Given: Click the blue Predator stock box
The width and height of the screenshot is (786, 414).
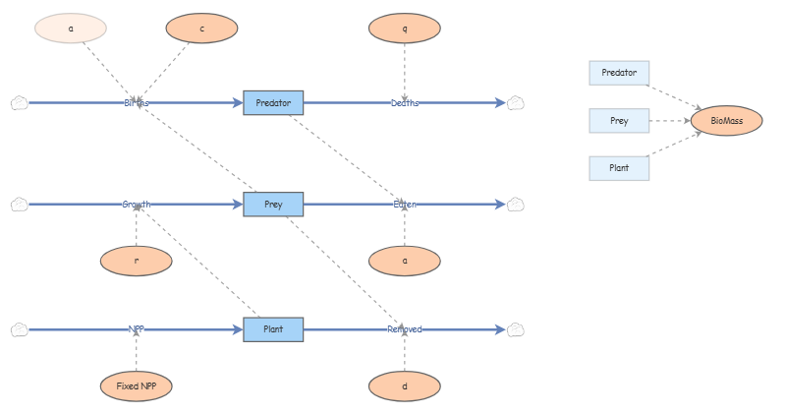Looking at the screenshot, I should pos(273,102).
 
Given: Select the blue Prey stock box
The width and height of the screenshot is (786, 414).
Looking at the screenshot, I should pos(273,205).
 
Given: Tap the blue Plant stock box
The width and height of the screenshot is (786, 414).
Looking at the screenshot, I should pos(273,329).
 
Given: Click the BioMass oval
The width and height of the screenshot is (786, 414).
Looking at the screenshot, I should pos(726,121).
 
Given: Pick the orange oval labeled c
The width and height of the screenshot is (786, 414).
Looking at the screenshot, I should pos(201,29).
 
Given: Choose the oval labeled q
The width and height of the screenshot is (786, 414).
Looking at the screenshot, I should pos(404,29).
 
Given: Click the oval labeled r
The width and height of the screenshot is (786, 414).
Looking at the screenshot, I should pos(137,261).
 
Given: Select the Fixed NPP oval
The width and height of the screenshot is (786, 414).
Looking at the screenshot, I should pos(137,386).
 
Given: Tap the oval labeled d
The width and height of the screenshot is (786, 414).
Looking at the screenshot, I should pos(404,386).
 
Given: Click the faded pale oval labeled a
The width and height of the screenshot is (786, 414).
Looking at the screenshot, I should pos(71,29).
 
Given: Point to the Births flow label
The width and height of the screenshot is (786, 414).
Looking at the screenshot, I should pos(137,102).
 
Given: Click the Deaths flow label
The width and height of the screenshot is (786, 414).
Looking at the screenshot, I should pos(404,102).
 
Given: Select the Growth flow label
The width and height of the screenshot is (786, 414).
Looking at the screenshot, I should pos(137,205).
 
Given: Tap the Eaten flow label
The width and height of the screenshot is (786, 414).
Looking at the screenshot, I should pos(404,205).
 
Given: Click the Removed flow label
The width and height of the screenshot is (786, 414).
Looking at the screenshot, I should pos(404,329).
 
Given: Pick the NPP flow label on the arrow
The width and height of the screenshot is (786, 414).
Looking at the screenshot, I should pos(137,329).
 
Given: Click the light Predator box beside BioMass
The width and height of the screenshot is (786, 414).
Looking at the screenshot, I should pos(619,73).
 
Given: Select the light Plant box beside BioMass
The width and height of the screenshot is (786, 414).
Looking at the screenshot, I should pos(619,168).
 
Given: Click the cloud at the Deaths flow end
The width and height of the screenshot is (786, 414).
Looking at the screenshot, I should pos(516,102).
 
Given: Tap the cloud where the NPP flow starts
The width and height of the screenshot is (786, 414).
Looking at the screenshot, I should pos(19,329).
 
